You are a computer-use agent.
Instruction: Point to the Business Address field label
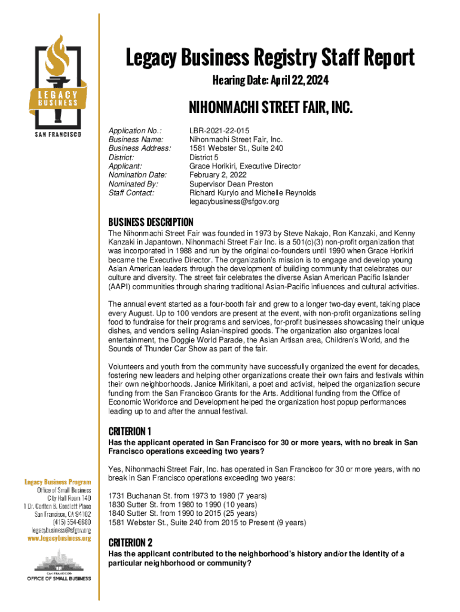tap(140, 148)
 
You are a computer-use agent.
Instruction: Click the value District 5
tap(207, 157)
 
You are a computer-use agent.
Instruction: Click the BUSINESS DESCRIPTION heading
tap(151, 222)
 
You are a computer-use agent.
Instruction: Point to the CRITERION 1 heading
tap(130, 431)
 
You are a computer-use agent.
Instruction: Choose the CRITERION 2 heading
tap(130, 543)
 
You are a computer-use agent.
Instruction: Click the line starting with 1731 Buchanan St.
tap(188, 495)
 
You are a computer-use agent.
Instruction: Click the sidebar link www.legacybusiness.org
tap(57, 538)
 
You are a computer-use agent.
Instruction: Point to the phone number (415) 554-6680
tap(72, 522)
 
